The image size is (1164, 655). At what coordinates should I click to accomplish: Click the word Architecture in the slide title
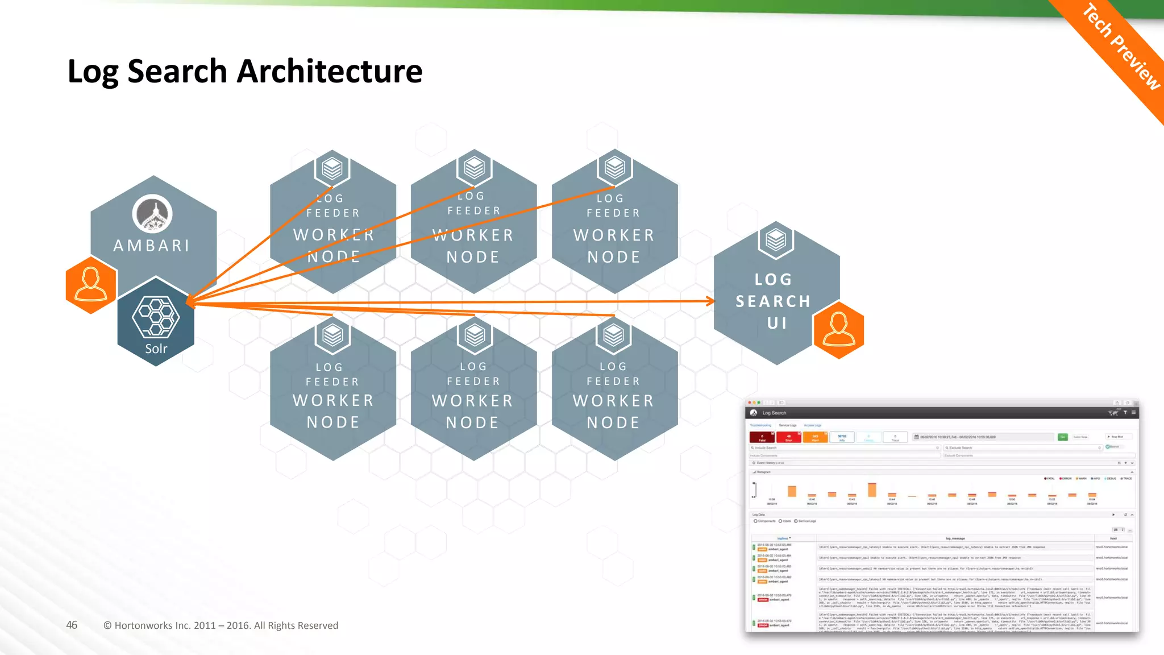pyautogui.click(x=329, y=72)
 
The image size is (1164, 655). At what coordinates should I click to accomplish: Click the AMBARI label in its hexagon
pyautogui.click(x=151, y=246)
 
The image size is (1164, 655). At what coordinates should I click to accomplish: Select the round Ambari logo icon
pyautogui.click(x=152, y=214)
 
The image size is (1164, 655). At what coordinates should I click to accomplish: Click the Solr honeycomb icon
pyautogui.click(x=156, y=317)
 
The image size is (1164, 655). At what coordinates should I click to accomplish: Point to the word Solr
pyautogui.click(x=156, y=349)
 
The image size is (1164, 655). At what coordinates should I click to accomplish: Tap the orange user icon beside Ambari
pyautogui.click(x=91, y=284)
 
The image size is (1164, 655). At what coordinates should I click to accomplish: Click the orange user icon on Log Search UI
pyautogui.click(x=838, y=330)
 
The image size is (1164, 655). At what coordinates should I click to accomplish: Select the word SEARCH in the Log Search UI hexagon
pyautogui.click(x=773, y=301)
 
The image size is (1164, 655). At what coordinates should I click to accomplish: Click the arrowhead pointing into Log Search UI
pyautogui.click(x=710, y=301)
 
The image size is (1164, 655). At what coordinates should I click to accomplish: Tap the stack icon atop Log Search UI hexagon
pyautogui.click(x=776, y=240)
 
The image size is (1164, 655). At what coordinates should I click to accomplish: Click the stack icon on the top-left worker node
pyautogui.click(x=332, y=168)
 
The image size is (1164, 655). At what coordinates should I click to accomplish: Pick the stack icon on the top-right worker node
pyautogui.click(x=614, y=168)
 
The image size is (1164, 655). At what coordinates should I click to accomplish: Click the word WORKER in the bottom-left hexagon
pyautogui.click(x=333, y=401)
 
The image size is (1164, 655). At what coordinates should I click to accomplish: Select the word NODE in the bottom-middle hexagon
pyautogui.click(x=472, y=422)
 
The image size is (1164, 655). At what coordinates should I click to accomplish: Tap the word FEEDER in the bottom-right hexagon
pyautogui.click(x=613, y=382)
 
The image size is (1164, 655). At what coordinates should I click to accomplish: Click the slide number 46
pyautogui.click(x=72, y=625)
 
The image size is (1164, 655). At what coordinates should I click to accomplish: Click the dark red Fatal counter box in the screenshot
pyautogui.click(x=762, y=437)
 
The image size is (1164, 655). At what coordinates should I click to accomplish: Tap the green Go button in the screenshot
pyautogui.click(x=1062, y=437)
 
